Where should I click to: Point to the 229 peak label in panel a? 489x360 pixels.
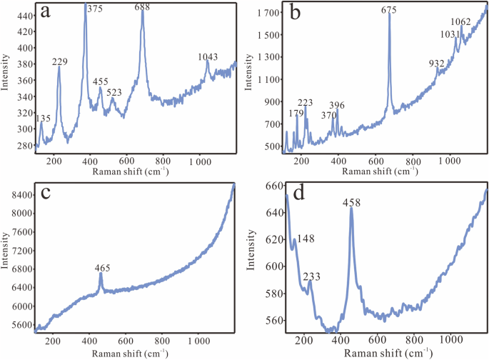[x=59, y=62]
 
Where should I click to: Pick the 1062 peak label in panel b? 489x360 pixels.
[x=460, y=22]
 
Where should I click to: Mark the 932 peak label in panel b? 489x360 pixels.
[x=438, y=64]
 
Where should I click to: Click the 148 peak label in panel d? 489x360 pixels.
[x=306, y=239]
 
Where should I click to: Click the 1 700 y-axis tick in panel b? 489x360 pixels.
[x=267, y=13]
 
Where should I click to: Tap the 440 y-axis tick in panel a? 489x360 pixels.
[x=23, y=16]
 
